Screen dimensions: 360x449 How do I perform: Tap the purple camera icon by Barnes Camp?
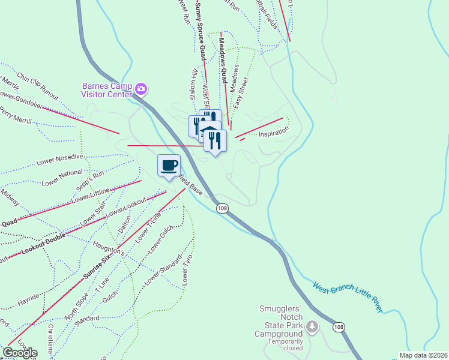click(x=141, y=89)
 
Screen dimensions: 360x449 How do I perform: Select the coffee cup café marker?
click(x=169, y=165)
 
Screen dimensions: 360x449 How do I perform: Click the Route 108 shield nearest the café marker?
click(x=222, y=208)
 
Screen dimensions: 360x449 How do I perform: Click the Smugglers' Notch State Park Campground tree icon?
click(x=312, y=326)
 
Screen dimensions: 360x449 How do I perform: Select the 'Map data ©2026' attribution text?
click(x=423, y=355)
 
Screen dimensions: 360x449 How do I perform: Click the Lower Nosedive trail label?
click(x=59, y=160)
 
